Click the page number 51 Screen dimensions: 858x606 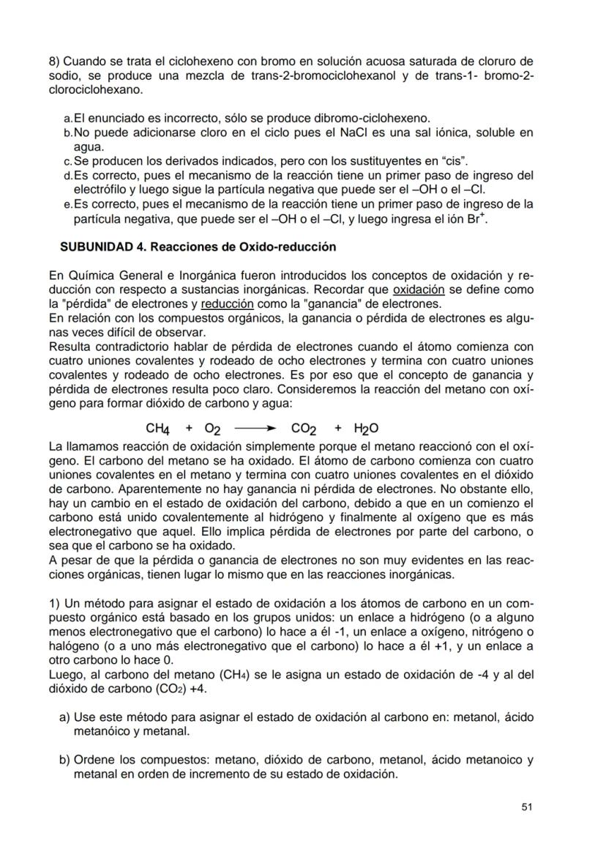pos(526,807)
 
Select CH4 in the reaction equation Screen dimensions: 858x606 pos(158,429)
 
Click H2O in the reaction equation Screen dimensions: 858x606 pos(367,429)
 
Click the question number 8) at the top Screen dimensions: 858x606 pos(54,61)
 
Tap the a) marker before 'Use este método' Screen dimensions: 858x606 pos(64,719)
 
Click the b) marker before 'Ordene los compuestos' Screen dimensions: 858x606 pos(64,760)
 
